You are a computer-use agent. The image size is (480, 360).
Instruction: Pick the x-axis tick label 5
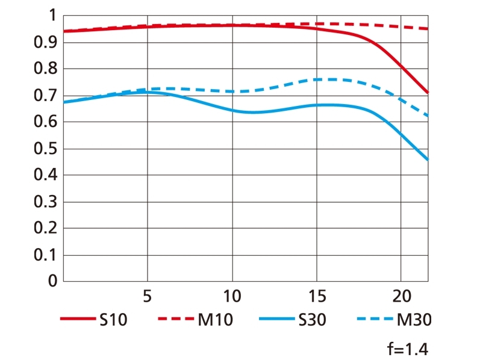tap(147, 296)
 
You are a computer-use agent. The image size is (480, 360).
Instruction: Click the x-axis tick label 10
tap(232, 296)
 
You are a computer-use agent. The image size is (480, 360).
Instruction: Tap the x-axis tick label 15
tap(317, 296)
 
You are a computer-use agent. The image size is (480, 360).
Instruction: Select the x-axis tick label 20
tap(401, 296)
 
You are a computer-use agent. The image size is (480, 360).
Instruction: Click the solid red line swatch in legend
tap(78, 320)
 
